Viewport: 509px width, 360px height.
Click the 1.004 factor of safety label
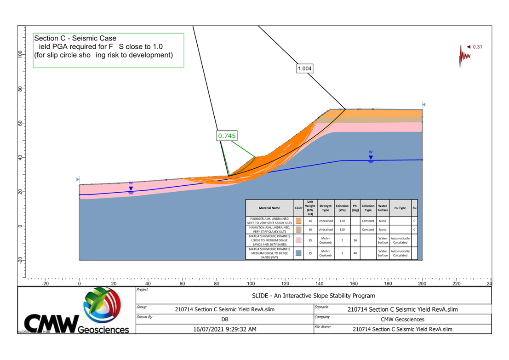click(x=304, y=69)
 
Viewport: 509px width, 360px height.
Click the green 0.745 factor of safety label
click(x=227, y=136)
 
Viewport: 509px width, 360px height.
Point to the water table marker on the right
click(x=371, y=157)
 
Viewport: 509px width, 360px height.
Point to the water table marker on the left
click(x=131, y=188)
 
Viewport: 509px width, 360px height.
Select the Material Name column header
click(x=269, y=208)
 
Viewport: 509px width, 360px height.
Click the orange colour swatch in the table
click(x=298, y=221)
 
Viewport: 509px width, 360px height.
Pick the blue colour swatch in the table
click(x=298, y=253)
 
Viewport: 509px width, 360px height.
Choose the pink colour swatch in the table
click(x=298, y=240)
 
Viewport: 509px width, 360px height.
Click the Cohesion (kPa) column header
click(x=342, y=208)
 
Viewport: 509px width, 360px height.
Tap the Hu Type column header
click(x=400, y=208)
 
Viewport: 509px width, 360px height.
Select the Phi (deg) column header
click(x=355, y=208)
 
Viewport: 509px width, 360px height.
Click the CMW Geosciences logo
click(x=77, y=311)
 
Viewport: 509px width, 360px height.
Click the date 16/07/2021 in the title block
click(x=225, y=329)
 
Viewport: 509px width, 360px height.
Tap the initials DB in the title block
click(x=225, y=319)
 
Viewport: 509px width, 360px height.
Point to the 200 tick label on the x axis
click(x=422, y=284)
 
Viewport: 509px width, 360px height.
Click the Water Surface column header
click(x=383, y=208)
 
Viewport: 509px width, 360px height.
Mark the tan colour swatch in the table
click(x=298, y=229)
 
